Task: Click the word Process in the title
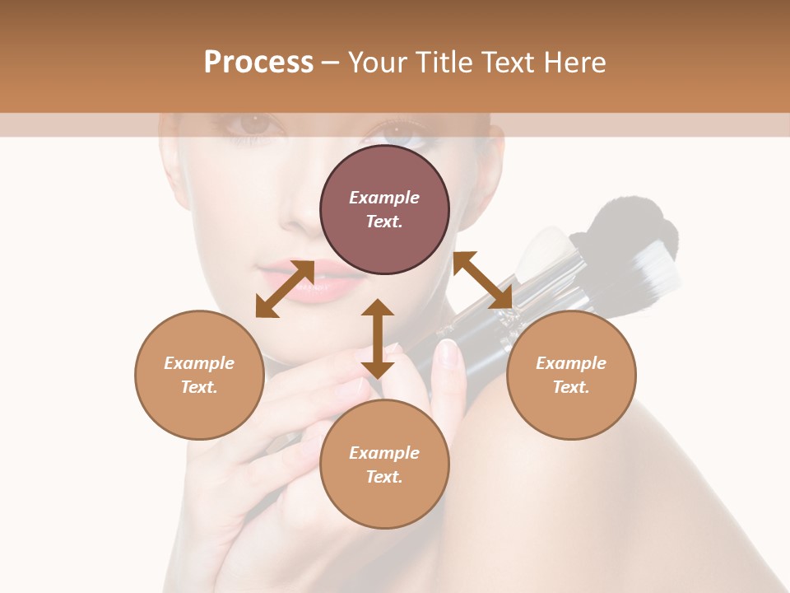pyautogui.click(x=258, y=63)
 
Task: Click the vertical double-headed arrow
pyautogui.click(x=378, y=339)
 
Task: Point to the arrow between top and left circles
pyautogui.click(x=285, y=289)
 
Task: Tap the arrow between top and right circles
pyautogui.click(x=483, y=280)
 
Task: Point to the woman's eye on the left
pyautogui.click(x=251, y=126)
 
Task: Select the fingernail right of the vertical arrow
pyautogui.click(x=447, y=353)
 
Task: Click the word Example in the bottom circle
pyautogui.click(x=384, y=452)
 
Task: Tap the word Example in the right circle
pyautogui.click(x=571, y=363)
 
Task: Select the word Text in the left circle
pyautogui.click(x=199, y=387)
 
